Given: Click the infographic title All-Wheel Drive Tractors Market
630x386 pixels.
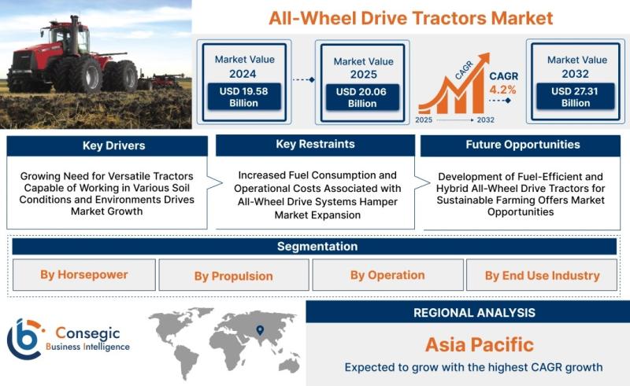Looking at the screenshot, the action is click(x=410, y=18).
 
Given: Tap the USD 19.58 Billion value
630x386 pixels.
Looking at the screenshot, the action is click(x=244, y=97).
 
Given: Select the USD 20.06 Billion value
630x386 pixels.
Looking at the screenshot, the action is click(x=362, y=97).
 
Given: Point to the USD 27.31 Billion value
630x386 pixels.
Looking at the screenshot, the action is click(x=576, y=97).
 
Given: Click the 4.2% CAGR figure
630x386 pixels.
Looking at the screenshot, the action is click(x=502, y=90).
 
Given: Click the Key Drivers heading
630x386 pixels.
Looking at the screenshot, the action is click(x=113, y=145).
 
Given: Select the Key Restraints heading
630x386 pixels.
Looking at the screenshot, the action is click(x=316, y=144).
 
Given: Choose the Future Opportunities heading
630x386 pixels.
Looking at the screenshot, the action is click(x=523, y=145).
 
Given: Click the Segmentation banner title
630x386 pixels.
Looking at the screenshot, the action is click(x=317, y=246).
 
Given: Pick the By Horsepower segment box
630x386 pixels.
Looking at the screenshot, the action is click(x=84, y=275).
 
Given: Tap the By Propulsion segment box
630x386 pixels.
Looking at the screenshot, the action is click(x=234, y=275).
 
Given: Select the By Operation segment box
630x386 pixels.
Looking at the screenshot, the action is click(x=387, y=275).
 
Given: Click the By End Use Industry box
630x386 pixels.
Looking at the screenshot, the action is click(x=542, y=275).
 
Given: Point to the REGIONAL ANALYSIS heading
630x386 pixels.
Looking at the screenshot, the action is click(x=475, y=313).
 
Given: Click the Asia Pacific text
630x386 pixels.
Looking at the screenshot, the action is click(x=480, y=344).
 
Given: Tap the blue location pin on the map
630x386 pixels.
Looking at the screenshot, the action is click(x=260, y=330).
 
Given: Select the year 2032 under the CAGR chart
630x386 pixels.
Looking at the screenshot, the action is click(x=485, y=119).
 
